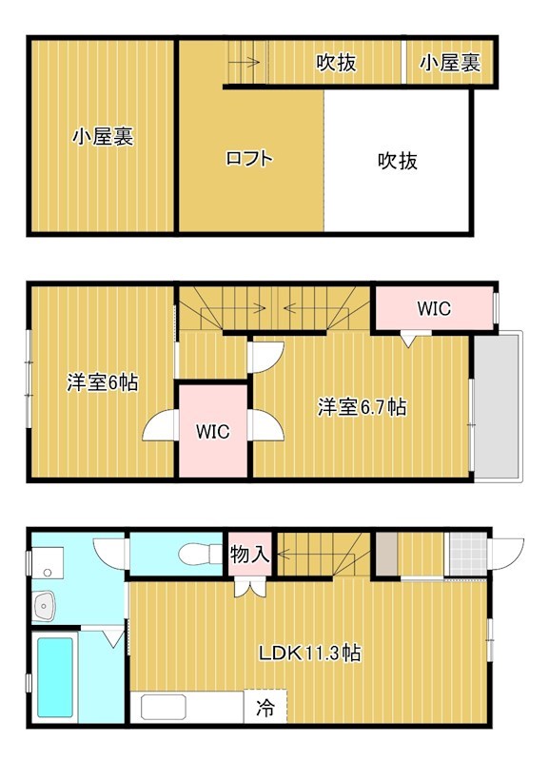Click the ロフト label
tap(249, 159)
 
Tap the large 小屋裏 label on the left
tap(103, 137)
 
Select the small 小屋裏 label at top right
tap(449, 64)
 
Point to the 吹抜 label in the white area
tap(398, 161)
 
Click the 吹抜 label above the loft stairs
tap(337, 64)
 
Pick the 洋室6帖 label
tap(102, 383)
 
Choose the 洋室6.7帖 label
tap(362, 407)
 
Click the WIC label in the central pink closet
tap(213, 431)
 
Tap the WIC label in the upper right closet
tap(434, 309)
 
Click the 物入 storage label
tap(250, 555)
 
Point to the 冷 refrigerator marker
tap(265, 707)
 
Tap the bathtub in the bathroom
tap(58, 677)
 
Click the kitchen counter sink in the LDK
tap(164, 707)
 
